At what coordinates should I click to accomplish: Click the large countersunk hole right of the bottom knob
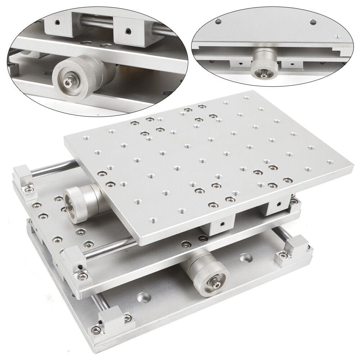pos(246,258)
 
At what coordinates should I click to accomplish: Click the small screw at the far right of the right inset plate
pos(337,36)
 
